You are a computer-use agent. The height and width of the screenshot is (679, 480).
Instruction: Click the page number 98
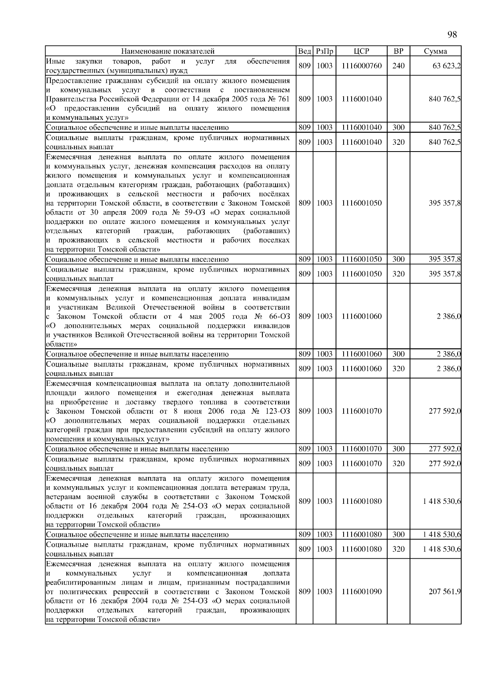(x=452, y=35)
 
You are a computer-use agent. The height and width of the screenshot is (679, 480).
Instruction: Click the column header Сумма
(x=435, y=51)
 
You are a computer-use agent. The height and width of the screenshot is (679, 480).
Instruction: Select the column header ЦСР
(x=361, y=51)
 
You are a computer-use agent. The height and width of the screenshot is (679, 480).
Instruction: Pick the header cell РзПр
(x=324, y=51)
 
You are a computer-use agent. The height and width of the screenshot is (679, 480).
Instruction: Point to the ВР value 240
(x=398, y=66)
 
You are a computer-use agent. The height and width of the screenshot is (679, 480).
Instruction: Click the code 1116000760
(x=361, y=66)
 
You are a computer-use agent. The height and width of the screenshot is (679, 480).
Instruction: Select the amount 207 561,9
(x=444, y=591)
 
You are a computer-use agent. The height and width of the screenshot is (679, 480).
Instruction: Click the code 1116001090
(x=361, y=591)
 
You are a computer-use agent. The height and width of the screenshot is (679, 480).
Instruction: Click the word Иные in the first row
(x=53, y=62)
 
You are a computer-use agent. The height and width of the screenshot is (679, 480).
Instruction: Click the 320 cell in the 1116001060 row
(x=398, y=369)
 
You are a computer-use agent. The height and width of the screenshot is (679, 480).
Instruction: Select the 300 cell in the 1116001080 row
(x=398, y=535)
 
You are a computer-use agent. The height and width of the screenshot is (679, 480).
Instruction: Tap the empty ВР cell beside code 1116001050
(x=398, y=203)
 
